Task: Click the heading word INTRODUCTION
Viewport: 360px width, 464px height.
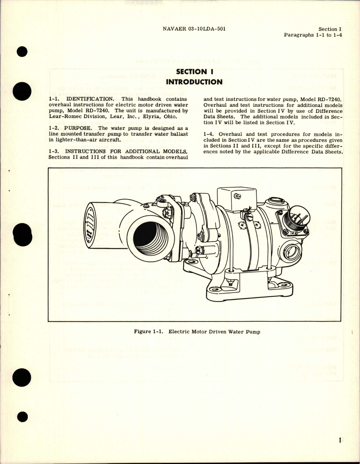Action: [194, 82]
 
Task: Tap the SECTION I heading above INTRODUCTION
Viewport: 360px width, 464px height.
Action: [194, 72]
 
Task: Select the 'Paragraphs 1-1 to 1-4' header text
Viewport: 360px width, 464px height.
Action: [313, 35]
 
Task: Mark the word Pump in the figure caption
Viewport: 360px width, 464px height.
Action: [253, 332]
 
